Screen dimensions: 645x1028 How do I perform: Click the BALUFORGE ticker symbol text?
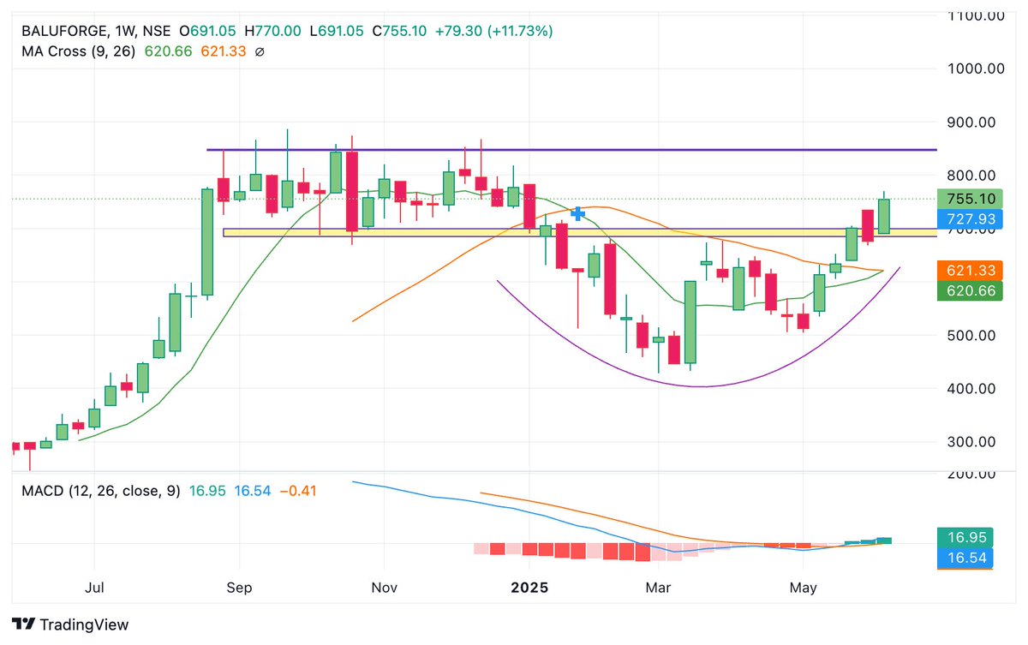(x=53, y=31)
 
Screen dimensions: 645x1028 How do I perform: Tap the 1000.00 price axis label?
(x=976, y=69)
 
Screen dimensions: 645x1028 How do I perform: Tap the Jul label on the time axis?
(x=95, y=588)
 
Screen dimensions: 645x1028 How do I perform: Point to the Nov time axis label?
(x=385, y=588)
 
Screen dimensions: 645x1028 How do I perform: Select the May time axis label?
(x=803, y=588)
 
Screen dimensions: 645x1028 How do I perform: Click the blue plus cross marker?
(x=578, y=213)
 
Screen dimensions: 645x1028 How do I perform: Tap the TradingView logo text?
(x=83, y=625)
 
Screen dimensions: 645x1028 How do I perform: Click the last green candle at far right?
(x=884, y=216)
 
